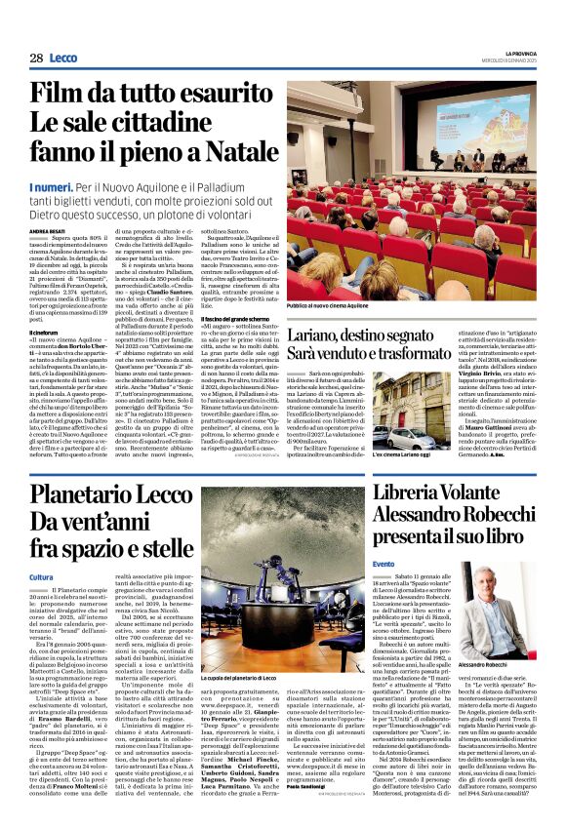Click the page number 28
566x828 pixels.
click(36, 59)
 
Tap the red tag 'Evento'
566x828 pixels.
click(383, 565)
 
